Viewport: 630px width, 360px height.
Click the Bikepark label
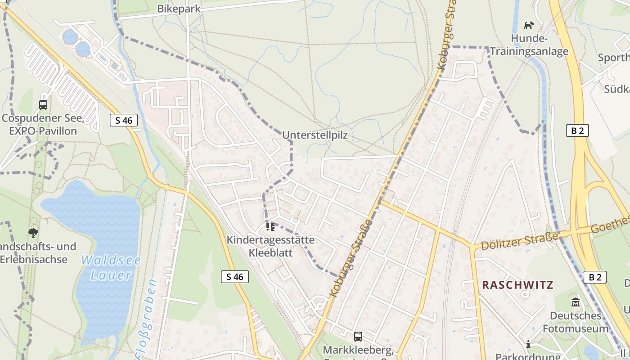click(179, 9)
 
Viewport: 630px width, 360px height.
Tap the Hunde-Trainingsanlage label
click(529, 45)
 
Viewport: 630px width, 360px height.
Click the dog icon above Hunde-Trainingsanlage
click(529, 25)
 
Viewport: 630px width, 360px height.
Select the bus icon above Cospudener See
click(43, 105)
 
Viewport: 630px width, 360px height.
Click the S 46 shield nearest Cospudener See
click(124, 120)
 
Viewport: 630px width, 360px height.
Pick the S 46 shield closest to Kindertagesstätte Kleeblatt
click(235, 277)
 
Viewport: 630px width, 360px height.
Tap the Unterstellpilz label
click(315, 135)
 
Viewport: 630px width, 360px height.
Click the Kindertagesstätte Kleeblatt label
click(270, 246)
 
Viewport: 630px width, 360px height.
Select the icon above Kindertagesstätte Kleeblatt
click(270, 226)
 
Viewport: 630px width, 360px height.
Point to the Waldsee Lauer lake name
click(111, 268)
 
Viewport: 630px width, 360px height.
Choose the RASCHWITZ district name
click(517, 285)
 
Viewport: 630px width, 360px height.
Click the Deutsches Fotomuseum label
click(576, 322)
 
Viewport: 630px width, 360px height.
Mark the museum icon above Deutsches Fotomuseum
click(576, 302)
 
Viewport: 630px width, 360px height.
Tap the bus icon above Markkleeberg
click(358, 336)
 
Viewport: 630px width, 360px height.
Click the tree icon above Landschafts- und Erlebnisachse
click(33, 233)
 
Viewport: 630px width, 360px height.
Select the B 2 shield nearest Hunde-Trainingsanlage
click(577, 130)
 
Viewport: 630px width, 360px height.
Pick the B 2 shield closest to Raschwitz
click(595, 277)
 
